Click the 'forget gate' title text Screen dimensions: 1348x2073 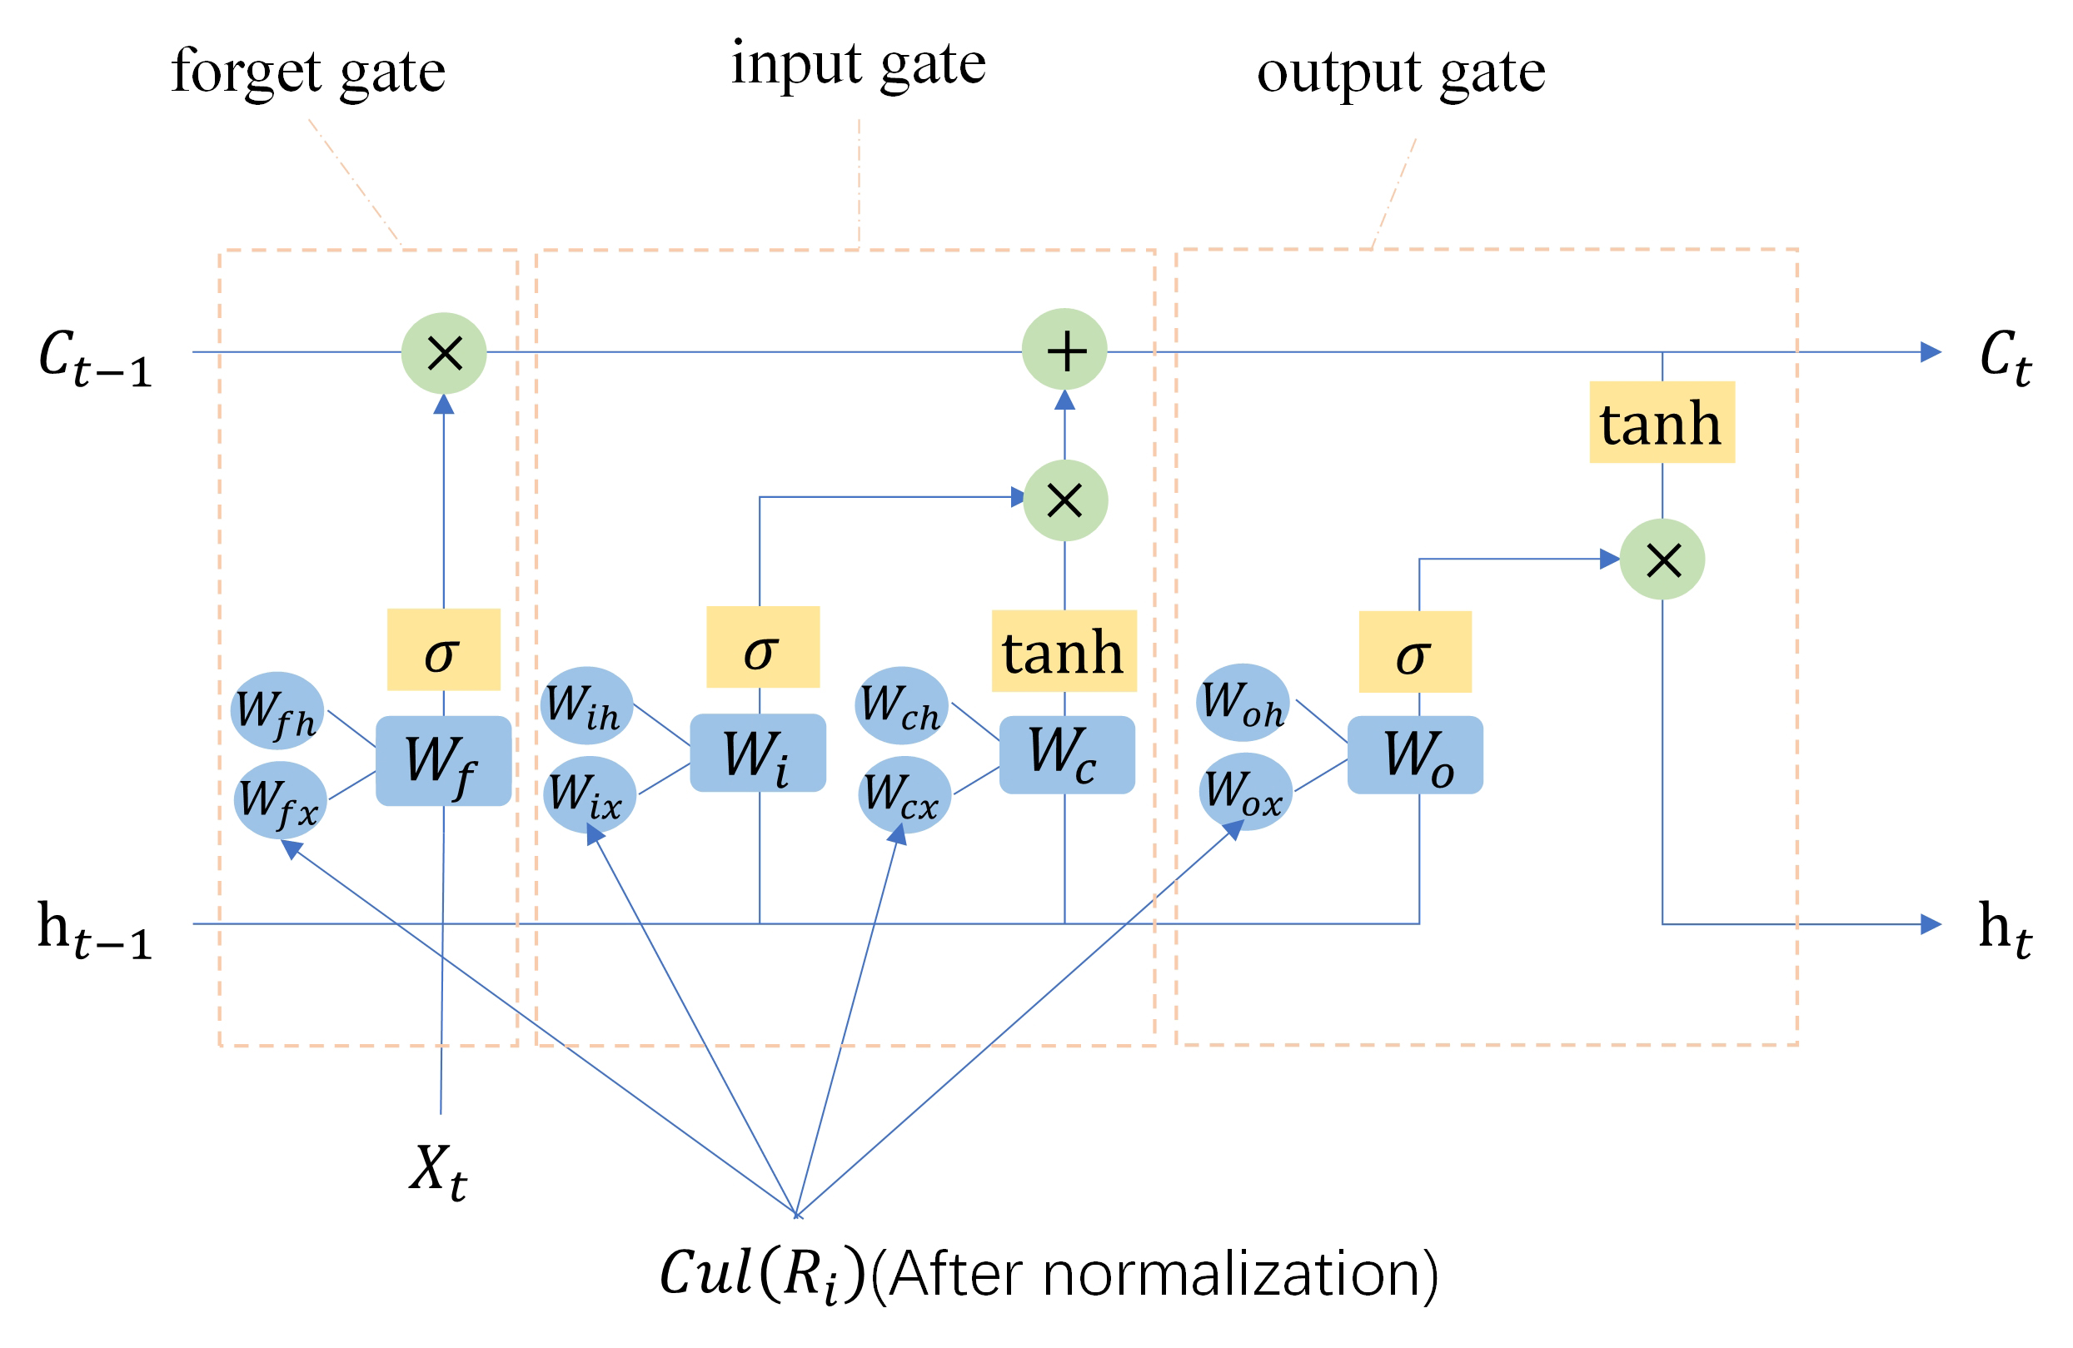click(x=307, y=72)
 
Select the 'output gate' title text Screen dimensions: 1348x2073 click(x=1401, y=72)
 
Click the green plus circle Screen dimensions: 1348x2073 click(x=1064, y=350)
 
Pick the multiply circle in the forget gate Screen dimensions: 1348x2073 click(x=443, y=353)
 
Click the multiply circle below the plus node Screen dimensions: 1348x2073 click(x=1065, y=500)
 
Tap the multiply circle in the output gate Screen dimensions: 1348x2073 click(x=1662, y=559)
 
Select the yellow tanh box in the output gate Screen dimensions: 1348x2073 click(x=1662, y=422)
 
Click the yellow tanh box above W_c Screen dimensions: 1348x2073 click(x=1064, y=651)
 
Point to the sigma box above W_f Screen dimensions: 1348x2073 click(x=443, y=649)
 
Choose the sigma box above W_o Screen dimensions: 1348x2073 click(x=1414, y=651)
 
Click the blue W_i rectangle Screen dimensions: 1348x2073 click(x=758, y=754)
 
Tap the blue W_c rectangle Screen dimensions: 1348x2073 click(x=1066, y=754)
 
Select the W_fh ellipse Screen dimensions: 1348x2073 click(x=277, y=710)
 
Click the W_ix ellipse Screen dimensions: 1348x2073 click(x=589, y=794)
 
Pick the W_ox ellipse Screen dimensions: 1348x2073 click(x=1244, y=792)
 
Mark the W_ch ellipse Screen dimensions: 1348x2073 click(x=901, y=705)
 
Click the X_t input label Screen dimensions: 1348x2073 click(x=438, y=1171)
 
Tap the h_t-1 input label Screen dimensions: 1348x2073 click(x=94, y=930)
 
